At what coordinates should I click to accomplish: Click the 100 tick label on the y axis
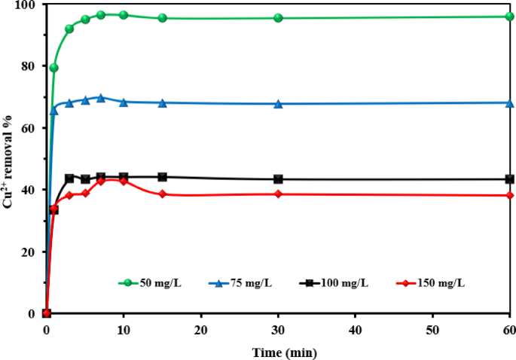tap(28, 5)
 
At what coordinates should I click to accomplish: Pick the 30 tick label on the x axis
tap(278, 330)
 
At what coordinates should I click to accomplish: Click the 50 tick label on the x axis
tap(432, 330)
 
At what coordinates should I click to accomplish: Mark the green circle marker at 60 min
tap(509, 17)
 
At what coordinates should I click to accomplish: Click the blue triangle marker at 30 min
tap(278, 104)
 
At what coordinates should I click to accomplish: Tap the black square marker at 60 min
tap(509, 179)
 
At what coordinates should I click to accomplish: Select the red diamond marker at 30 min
tap(278, 194)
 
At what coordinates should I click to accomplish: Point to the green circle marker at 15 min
tap(162, 18)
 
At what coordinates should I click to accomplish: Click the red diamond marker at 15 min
tap(162, 194)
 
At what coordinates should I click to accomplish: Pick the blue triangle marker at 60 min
tap(509, 102)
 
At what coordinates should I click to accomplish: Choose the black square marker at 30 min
tap(278, 179)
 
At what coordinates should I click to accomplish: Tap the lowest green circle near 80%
tap(54, 68)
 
